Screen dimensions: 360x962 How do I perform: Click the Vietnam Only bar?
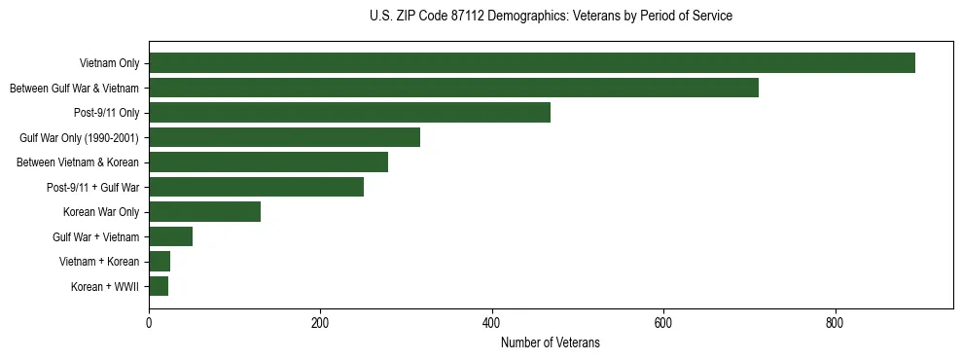(532, 63)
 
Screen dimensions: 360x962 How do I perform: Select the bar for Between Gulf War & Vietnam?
(453, 89)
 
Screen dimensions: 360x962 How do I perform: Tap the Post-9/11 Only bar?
(349, 113)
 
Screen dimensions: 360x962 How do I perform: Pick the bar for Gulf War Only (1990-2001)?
(284, 137)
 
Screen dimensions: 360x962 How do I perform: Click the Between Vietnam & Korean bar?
(268, 162)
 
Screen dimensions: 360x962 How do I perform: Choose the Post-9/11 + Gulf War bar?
(256, 187)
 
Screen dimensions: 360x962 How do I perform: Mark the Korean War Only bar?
(204, 212)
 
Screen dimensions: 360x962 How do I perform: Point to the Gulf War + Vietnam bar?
(170, 236)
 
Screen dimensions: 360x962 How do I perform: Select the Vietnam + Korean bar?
(160, 262)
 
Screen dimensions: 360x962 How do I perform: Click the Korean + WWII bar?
(159, 286)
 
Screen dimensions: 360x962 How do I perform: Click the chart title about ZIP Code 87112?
(551, 17)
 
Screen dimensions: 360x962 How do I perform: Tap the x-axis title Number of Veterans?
(551, 343)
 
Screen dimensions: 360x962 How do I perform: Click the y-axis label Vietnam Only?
(109, 64)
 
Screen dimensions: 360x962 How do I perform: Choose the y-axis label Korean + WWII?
(106, 287)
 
